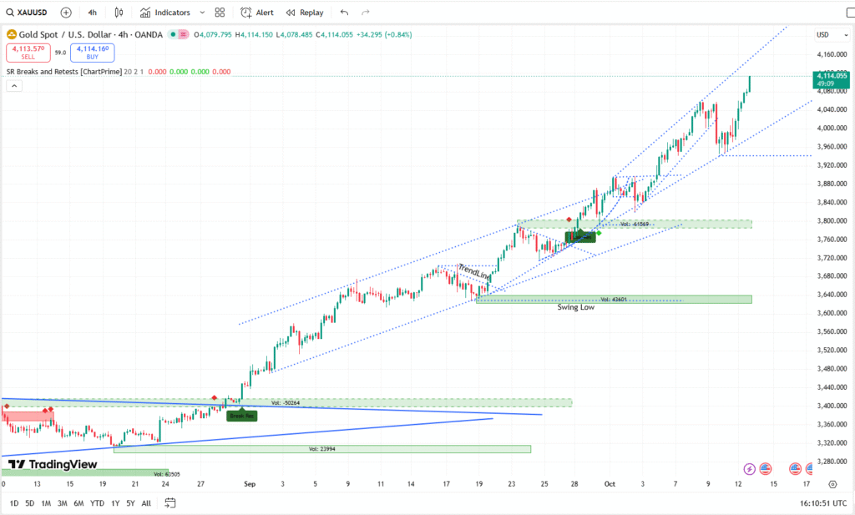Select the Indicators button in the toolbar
point(165,13)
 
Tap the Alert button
point(257,13)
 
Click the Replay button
point(305,13)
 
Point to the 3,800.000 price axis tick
point(830,221)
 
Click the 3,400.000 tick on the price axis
point(830,406)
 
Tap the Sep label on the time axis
point(249,483)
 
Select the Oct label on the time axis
point(610,483)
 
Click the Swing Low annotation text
point(576,308)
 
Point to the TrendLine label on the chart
point(474,271)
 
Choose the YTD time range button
point(97,503)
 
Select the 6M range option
point(78,503)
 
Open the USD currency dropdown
point(823,34)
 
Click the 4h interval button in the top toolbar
point(92,13)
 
